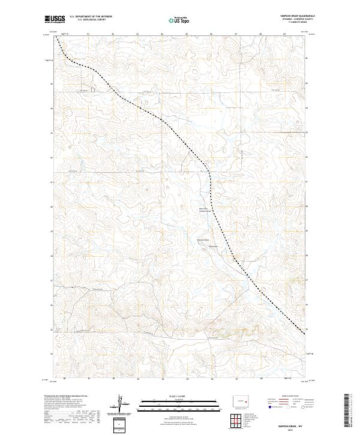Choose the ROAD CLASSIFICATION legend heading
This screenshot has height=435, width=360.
pyautogui.click(x=290, y=395)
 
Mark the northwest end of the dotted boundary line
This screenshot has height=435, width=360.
pyautogui.click(x=57, y=37)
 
